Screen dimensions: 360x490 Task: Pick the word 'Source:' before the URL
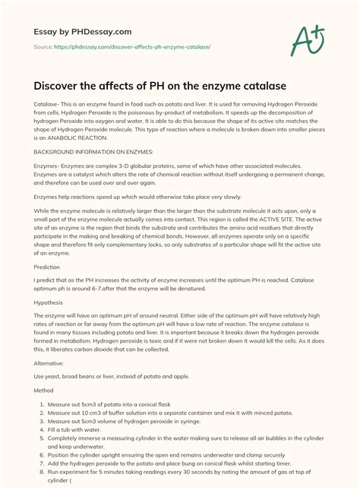pos(44,47)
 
